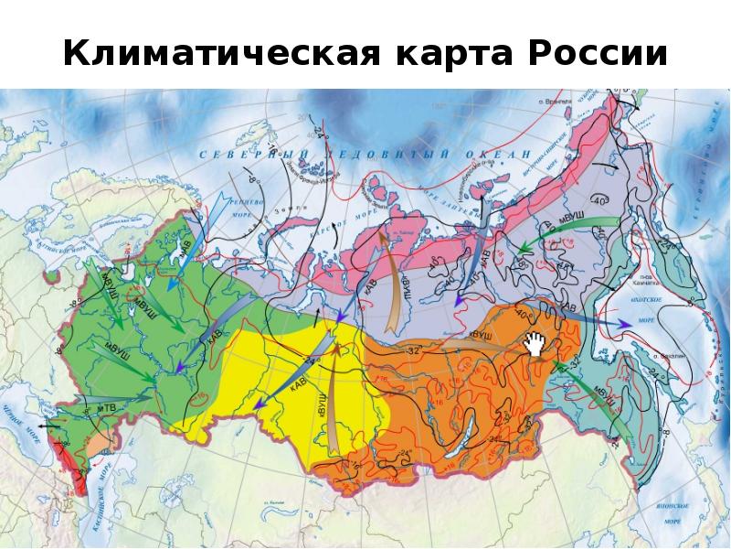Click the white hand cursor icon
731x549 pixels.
pyautogui.click(x=535, y=345)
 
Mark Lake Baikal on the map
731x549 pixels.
pyautogui.click(x=475, y=427)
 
